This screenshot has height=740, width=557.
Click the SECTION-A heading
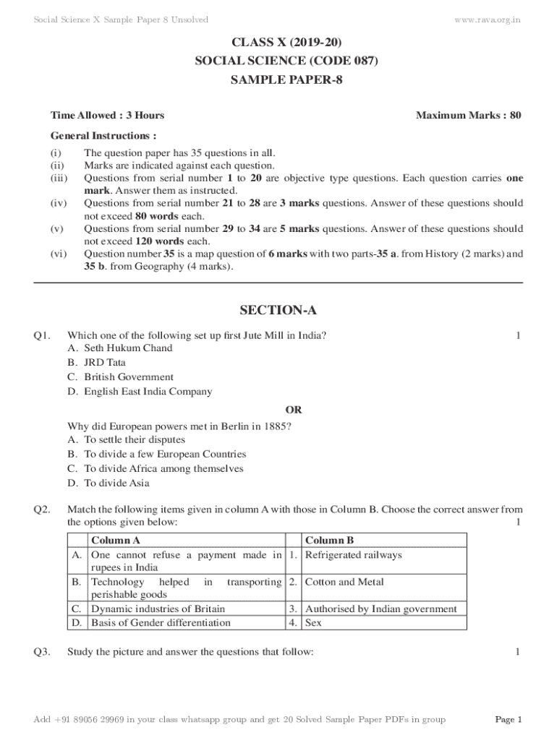(x=278, y=311)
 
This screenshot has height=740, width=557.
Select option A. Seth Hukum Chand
(x=120, y=348)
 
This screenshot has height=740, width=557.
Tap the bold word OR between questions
(x=294, y=410)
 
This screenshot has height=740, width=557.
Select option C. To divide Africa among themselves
(x=154, y=468)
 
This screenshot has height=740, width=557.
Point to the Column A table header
(x=116, y=541)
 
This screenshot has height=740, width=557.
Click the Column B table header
(x=329, y=541)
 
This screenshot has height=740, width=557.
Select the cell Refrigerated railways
(x=353, y=555)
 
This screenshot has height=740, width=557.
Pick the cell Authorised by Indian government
(x=381, y=608)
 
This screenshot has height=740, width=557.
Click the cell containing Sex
(x=313, y=622)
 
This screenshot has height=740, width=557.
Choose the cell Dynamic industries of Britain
(x=158, y=608)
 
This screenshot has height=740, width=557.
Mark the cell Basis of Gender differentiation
(x=161, y=622)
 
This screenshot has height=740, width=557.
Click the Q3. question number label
(x=41, y=652)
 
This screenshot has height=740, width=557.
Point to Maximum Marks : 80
(x=469, y=115)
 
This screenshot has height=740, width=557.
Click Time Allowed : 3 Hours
(x=107, y=115)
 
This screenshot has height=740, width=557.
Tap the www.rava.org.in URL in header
(x=487, y=19)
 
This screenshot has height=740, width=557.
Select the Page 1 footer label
(x=508, y=720)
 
